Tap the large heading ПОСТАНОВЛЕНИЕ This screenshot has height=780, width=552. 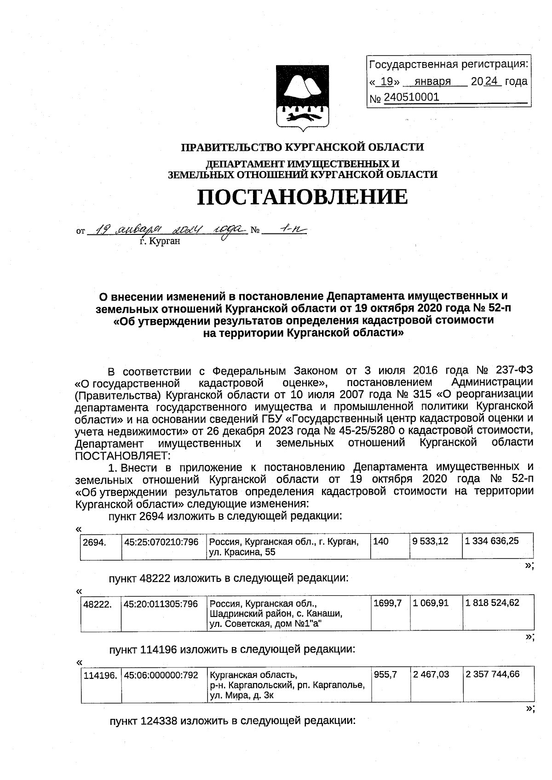tap(302, 197)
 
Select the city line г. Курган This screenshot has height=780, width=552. tap(160, 241)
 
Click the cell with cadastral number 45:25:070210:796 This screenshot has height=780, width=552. tap(161, 542)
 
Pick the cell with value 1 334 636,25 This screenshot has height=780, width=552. tap(492, 541)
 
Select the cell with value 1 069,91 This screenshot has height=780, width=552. tap(431, 603)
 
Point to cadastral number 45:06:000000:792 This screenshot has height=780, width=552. tap(161, 675)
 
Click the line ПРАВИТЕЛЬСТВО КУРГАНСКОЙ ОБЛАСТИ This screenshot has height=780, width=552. tap(302, 148)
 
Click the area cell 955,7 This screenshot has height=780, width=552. tap(385, 674)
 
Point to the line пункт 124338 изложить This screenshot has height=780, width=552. tap(232, 720)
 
